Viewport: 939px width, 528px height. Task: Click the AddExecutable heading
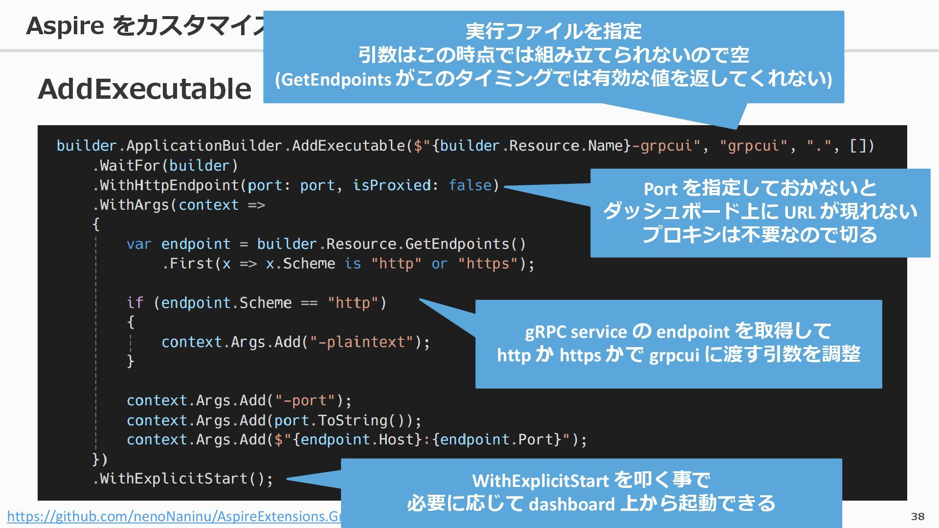[145, 89]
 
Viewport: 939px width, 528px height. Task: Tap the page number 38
[917, 516]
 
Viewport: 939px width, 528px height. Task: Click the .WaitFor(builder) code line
[165, 166]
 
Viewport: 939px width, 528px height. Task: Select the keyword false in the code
[470, 185]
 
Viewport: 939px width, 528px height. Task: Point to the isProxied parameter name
[392, 185]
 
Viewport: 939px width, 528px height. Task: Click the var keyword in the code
[139, 244]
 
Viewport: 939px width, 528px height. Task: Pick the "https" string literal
[488, 264]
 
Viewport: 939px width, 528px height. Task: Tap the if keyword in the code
[135, 303]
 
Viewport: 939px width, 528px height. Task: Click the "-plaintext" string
[362, 342]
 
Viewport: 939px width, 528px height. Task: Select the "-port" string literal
[305, 400]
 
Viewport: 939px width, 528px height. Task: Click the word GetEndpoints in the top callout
[336, 80]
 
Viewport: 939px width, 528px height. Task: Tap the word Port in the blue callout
[660, 189]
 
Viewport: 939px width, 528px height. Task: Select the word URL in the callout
[800, 212]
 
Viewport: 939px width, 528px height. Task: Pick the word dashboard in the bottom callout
[572, 504]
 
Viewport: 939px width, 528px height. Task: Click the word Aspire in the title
[65, 25]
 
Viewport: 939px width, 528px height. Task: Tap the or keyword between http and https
[439, 264]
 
